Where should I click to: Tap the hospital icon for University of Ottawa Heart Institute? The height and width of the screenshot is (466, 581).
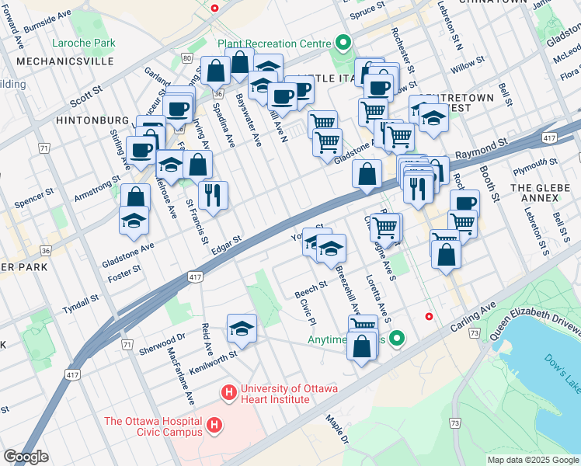[229, 394]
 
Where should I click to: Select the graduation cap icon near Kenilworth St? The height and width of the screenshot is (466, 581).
[242, 329]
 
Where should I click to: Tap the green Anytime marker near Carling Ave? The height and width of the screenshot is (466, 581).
[398, 339]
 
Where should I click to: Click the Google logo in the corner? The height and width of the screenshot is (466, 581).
[26, 457]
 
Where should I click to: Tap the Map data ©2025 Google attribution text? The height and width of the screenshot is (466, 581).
[533, 460]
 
